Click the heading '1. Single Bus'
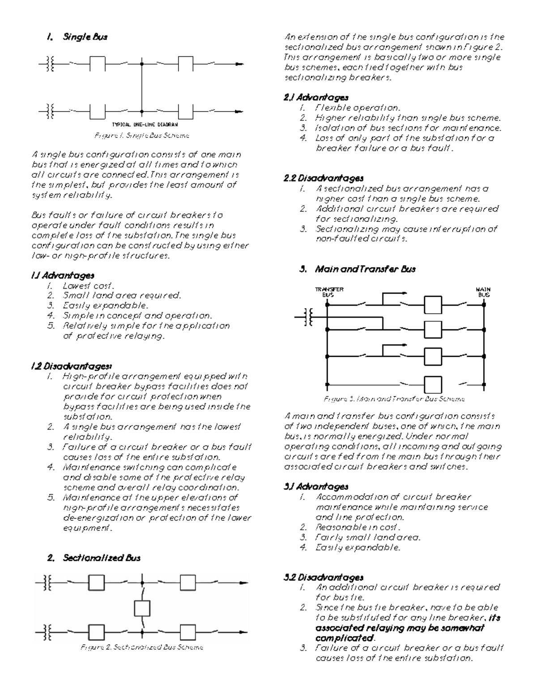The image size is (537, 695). [x=77, y=37]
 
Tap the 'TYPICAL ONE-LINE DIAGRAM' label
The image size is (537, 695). [x=145, y=125]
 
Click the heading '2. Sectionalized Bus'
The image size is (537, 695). [x=94, y=558]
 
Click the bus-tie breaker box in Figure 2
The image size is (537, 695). [x=142, y=608]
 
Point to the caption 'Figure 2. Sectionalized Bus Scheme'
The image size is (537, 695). [x=142, y=647]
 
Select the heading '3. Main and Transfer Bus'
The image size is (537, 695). [x=358, y=269]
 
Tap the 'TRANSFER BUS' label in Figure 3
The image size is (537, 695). [x=329, y=292]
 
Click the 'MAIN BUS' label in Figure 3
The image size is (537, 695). [x=483, y=292]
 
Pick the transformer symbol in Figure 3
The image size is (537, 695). [x=308, y=317]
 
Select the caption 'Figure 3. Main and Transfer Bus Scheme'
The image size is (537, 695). [x=394, y=399]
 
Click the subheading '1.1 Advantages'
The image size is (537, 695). [x=63, y=276]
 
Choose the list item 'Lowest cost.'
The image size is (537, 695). [x=89, y=286]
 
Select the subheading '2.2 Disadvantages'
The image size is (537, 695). [x=324, y=179]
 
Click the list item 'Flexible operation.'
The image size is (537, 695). [x=358, y=108]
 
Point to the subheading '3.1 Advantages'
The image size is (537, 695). [x=316, y=486]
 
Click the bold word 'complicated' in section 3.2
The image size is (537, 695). [x=344, y=638]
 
